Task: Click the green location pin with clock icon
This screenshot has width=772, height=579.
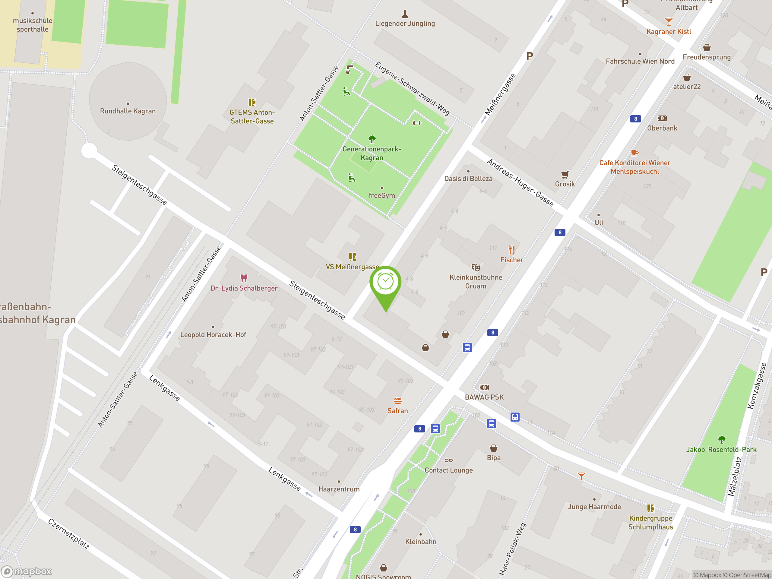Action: pos(385,282)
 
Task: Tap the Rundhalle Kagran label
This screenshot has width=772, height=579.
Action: pos(128,111)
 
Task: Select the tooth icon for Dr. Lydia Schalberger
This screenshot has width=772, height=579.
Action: pos(244,278)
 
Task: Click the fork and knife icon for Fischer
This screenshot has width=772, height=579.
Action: pos(512,250)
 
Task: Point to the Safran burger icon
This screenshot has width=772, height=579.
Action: pos(397,401)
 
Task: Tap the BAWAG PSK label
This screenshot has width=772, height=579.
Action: pos(484,397)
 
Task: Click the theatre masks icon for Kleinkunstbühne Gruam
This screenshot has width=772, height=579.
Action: pos(476,267)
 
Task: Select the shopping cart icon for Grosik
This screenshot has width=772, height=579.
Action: pos(565,175)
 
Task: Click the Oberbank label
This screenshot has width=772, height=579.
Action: pos(662,128)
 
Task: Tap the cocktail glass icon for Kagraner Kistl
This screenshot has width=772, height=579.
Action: pos(668,22)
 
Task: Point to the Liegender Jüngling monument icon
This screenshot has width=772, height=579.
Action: pos(405,14)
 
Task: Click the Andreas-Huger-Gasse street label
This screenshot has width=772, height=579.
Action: pos(520,183)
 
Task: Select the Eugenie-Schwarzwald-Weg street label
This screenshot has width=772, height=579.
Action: pos(412,89)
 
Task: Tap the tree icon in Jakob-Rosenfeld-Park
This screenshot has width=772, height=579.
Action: pos(721,439)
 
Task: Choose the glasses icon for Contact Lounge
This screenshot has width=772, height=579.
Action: pos(448,461)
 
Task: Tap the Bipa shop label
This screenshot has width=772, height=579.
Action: pos(493,457)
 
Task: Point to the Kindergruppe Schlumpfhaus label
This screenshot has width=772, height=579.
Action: pos(650,523)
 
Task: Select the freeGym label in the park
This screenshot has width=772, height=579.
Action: pos(382,195)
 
